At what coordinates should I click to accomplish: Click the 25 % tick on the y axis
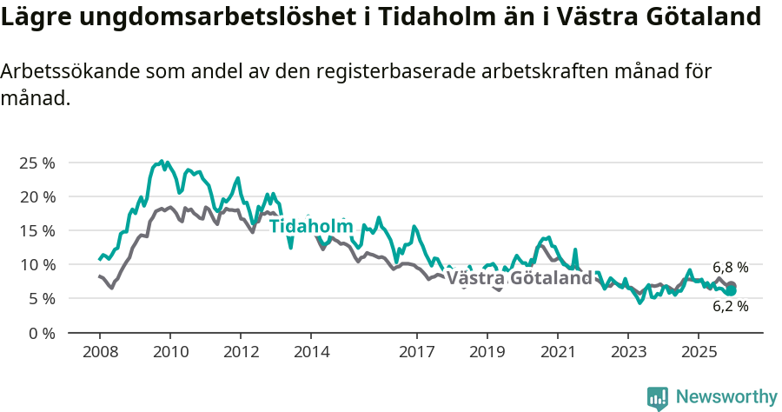click(x=36, y=163)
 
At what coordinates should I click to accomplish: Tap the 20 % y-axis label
click(x=36, y=196)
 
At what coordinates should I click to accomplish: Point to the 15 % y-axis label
click(x=36, y=230)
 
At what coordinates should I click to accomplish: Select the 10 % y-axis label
click(x=36, y=264)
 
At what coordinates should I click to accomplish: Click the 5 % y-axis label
click(x=40, y=298)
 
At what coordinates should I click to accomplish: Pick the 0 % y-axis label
click(x=40, y=332)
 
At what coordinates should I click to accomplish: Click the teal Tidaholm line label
click(x=311, y=226)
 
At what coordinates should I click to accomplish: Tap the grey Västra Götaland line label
click(x=519, y=278)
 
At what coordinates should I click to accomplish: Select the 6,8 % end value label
click(x=730, y=268)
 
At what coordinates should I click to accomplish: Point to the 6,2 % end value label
click(x=730, y=306)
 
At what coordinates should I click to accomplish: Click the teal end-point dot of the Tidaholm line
click(x=732, y=290)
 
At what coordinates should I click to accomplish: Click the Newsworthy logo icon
click(x=658, y=397)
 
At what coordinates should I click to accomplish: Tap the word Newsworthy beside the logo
click(x=726, y=396)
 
